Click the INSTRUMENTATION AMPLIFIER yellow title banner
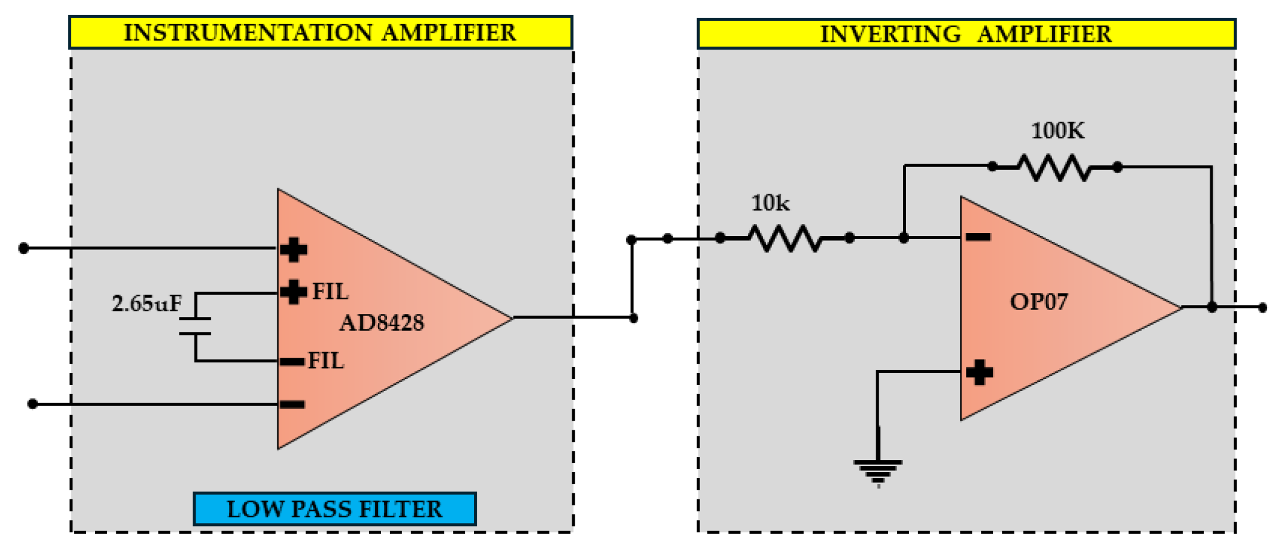coord(320,33)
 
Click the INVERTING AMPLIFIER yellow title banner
coord(966,34)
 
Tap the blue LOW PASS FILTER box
coord(334,509)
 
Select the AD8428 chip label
coord(382,323)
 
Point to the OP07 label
coord(1039,301)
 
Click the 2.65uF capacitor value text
coord(147,303)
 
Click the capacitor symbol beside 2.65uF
coord(195,326)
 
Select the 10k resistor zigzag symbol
coord(785,238)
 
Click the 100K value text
coord(1057,131)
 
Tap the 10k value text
coord(770,203)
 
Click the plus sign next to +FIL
coord(294,292)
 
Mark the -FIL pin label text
coord(326,361)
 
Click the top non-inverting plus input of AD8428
coord(294,249)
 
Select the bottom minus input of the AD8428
coord(292,404)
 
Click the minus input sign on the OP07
coord(978,237)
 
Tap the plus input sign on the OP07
coord(979,372)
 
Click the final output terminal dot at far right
coord(1262,307)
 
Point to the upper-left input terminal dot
coord(24,248)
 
